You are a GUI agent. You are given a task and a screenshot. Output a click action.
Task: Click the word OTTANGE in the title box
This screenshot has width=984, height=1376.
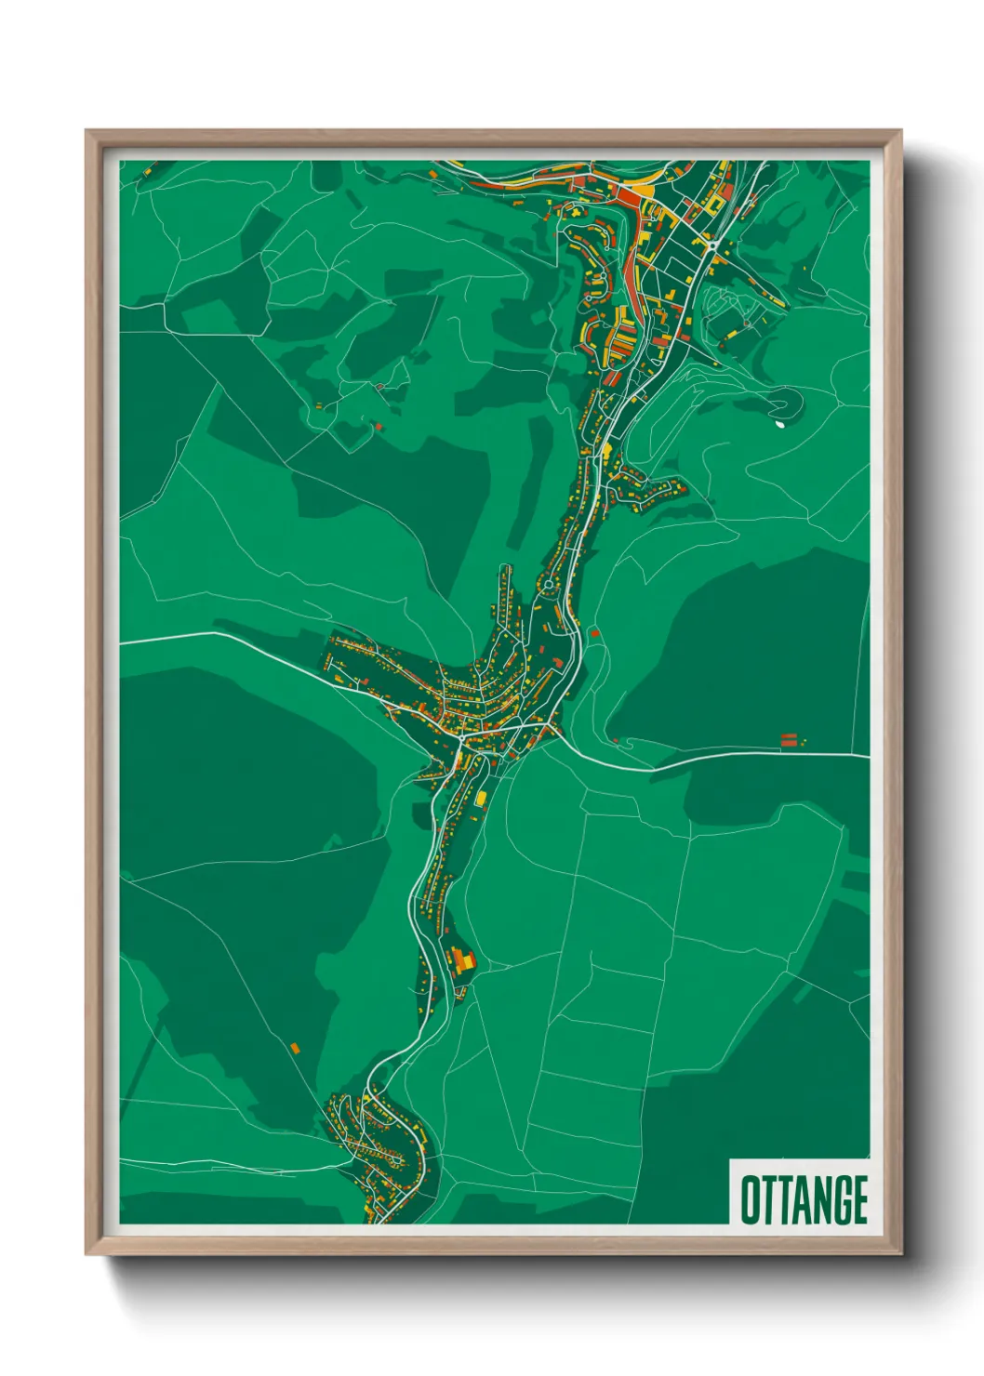pos(804,1199)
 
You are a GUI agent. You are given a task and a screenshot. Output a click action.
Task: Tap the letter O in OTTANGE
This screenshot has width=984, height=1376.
pos(749,1199)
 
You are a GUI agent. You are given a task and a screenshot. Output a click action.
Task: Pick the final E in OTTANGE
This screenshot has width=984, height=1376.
pos(859,1199)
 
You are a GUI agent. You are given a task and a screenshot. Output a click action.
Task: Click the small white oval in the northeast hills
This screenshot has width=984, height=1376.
pos(778,425)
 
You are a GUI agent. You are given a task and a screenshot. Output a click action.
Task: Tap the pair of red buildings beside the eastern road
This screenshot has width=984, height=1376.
pos(789,740)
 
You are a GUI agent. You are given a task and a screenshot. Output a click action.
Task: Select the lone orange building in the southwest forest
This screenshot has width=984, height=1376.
pos(295,1048)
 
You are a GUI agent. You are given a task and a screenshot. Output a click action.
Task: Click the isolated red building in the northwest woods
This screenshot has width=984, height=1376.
pos(379,426)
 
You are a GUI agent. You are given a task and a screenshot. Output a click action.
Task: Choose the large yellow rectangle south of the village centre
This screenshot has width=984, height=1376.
pos(481,798)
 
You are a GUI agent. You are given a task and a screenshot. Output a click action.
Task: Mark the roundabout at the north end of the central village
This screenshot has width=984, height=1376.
pos(549,585)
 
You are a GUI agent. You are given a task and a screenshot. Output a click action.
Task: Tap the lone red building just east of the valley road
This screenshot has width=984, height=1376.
pos(595,633)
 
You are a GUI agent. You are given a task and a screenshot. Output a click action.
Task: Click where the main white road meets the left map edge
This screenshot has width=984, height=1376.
pos(122,642)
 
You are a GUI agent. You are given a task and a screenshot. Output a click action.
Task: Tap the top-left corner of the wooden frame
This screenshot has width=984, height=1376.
pos(86,131)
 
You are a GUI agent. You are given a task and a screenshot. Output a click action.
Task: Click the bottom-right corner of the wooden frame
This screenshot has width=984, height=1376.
pos(900,1254)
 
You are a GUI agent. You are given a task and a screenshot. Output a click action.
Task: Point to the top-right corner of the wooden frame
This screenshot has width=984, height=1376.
pos(900,131)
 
